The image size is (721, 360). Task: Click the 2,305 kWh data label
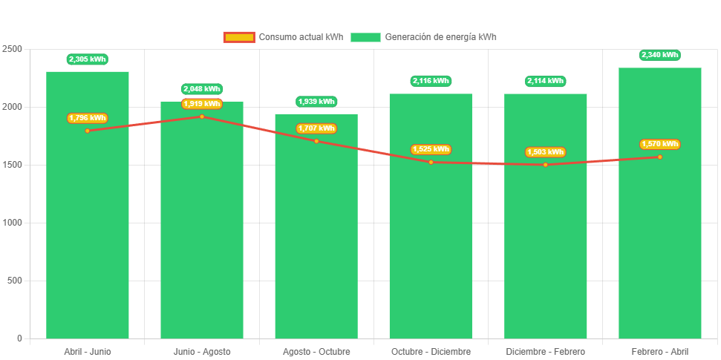point(88,59)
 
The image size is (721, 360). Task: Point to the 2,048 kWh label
point(202,89)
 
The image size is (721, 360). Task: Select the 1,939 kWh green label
point(316,102)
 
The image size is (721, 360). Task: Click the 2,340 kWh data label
point(660,55)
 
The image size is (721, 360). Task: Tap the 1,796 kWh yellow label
point(88,118)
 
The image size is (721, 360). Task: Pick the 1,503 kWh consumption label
point(545,152)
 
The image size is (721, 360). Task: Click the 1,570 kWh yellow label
point(660,144)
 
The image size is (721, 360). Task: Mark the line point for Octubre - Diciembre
point(431,162)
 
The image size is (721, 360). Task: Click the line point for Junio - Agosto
point(202,117)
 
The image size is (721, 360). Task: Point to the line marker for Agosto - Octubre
point(316,141)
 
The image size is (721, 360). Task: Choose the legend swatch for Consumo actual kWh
point(239,37)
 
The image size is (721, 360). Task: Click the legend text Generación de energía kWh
point(441,37)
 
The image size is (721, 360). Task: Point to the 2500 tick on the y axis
point(13,49)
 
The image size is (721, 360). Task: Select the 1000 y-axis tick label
point(13,223)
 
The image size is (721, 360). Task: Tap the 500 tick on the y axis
point(15,281)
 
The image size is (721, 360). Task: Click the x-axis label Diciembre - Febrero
point(545,351)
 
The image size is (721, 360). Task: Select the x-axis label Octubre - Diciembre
point(431,351)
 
